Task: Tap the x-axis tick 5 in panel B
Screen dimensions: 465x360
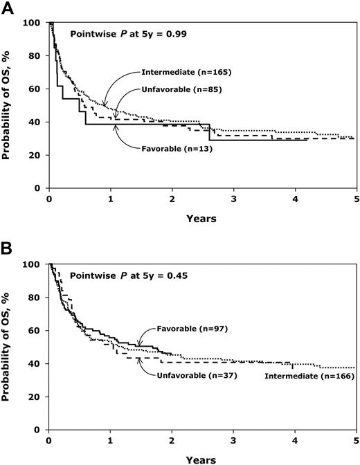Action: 356,441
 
